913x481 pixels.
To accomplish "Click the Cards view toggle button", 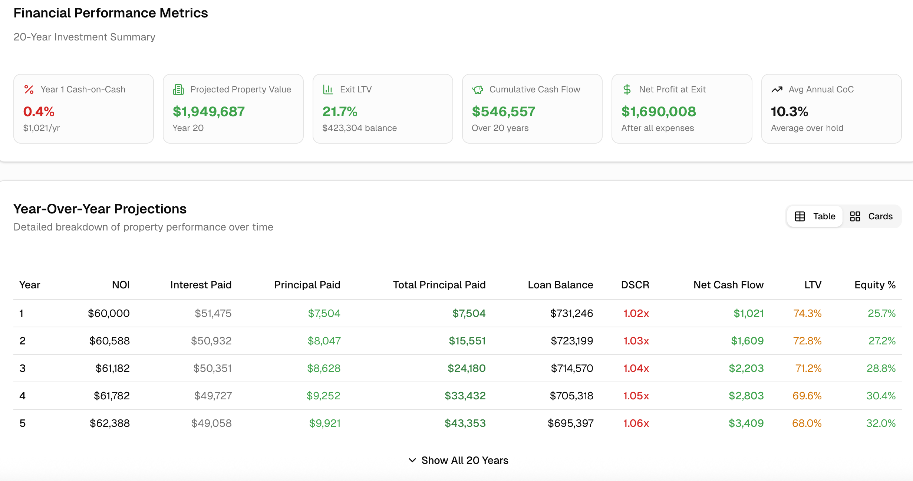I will click(871, 216).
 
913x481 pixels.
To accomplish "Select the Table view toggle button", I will click(815, 216).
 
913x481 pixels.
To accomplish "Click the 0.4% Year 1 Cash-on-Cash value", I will click(39, 111).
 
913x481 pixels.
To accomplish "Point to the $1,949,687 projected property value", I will click(209, 111).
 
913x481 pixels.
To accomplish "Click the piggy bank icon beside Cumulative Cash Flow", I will click(478, 90).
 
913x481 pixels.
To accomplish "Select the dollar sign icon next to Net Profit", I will click(627, 89).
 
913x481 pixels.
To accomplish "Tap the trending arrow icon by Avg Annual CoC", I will click(777, 89).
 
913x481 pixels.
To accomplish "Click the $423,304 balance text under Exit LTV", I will click(359, 128).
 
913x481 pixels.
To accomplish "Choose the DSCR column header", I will click(635, 285).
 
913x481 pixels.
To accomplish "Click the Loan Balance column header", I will click(560, 285).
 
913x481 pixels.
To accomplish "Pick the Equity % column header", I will click(875, 285).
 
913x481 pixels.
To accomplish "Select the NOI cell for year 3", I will click(113, 368).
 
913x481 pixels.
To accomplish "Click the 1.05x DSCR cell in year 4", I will click(636, 396).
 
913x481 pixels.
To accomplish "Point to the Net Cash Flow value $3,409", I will click(746, 423).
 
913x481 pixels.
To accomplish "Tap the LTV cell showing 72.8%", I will click(807, 341).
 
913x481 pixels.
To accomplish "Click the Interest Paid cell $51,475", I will click(213, 313).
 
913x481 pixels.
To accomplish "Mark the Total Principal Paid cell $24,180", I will click(467, 368).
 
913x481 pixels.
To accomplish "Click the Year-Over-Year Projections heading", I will click(100, 209).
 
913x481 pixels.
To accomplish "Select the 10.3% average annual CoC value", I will click(790, 111).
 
